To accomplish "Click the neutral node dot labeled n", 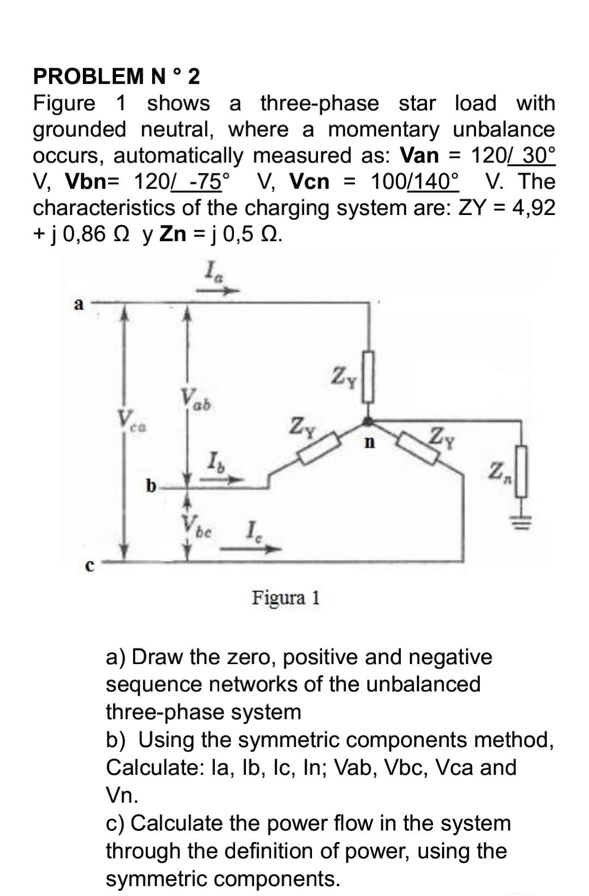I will coord(369,421).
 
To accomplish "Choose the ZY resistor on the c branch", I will coord(420,449).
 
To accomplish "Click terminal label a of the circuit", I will coord(79,304).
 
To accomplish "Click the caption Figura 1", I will coord(286,598).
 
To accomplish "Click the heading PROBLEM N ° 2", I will coord(117,76).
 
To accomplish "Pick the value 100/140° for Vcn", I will coord(415,181).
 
